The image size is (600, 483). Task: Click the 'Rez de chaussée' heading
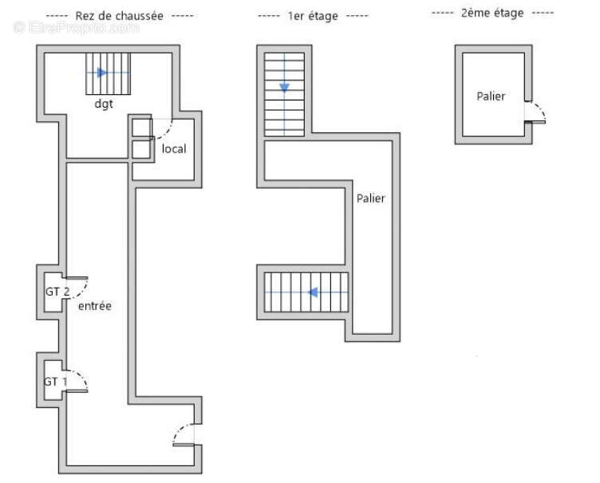click(x=120, y=15)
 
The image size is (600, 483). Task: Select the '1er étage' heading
click(x=313, y=15)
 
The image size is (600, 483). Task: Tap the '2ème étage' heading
click(x=491, y=14)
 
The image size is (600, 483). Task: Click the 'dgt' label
click(x=103, y=103)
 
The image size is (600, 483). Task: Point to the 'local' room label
click(x=173, y=149)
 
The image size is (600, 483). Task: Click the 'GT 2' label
click(x=57, y=292)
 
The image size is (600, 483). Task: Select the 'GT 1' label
click(x=55, y=382)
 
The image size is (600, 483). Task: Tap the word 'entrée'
click(x=94, y=306)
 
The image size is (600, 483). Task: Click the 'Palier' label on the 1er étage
click(x=370, y=198)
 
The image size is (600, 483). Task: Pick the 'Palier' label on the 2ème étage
click(x=491, y=96)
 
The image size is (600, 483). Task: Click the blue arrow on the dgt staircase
click(x=101, y=73)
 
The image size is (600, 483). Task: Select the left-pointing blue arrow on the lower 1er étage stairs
click(x=314, y=293)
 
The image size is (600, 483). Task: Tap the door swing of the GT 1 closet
click(x=78, y=381)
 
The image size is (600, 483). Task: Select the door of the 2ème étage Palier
click(x=535, y=113)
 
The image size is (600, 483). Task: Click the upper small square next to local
click(x=140, y=128)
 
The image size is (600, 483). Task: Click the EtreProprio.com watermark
click(x=76, y=27)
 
